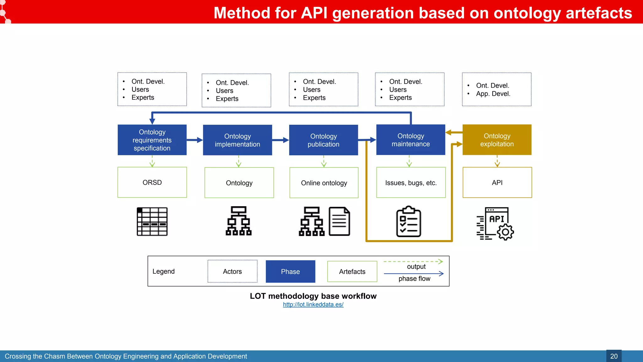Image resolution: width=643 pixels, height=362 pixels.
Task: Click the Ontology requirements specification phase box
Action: coord(152,140)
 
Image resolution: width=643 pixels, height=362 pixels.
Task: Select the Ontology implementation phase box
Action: coord(237,140)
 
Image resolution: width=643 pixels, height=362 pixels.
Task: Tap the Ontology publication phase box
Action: coord(323,140)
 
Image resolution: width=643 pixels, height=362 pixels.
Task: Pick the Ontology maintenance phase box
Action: coord(411,140)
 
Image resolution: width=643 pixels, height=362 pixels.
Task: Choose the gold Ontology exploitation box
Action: coord(497,140)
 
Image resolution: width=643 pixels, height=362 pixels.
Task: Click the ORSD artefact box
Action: coord(152,182)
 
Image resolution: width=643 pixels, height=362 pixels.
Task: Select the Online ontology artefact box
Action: coord(324,183)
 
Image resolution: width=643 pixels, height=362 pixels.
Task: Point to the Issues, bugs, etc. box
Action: coord(411,183)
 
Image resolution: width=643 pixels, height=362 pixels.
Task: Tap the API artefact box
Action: coord(497,182)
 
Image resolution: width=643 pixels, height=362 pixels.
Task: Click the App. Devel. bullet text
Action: coord(493,94)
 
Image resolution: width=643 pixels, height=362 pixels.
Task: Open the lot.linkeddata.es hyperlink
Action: coord(313,304)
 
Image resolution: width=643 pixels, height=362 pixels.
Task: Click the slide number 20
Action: coord(613,356)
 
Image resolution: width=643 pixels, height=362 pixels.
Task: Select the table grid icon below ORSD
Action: coord(152,222)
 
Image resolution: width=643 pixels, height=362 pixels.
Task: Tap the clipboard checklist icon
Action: coord(408,222)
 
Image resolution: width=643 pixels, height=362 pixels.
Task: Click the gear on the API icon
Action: coord(505,233)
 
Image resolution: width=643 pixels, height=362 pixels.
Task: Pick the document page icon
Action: coord(339,221)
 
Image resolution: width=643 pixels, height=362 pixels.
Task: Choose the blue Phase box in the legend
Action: coord(290,271)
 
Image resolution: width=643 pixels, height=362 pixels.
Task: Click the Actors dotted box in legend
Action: coord(232,271)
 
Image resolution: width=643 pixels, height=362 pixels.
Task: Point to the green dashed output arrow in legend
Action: coord(413,261)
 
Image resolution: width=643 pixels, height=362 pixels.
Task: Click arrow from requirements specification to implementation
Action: coord(195,140)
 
